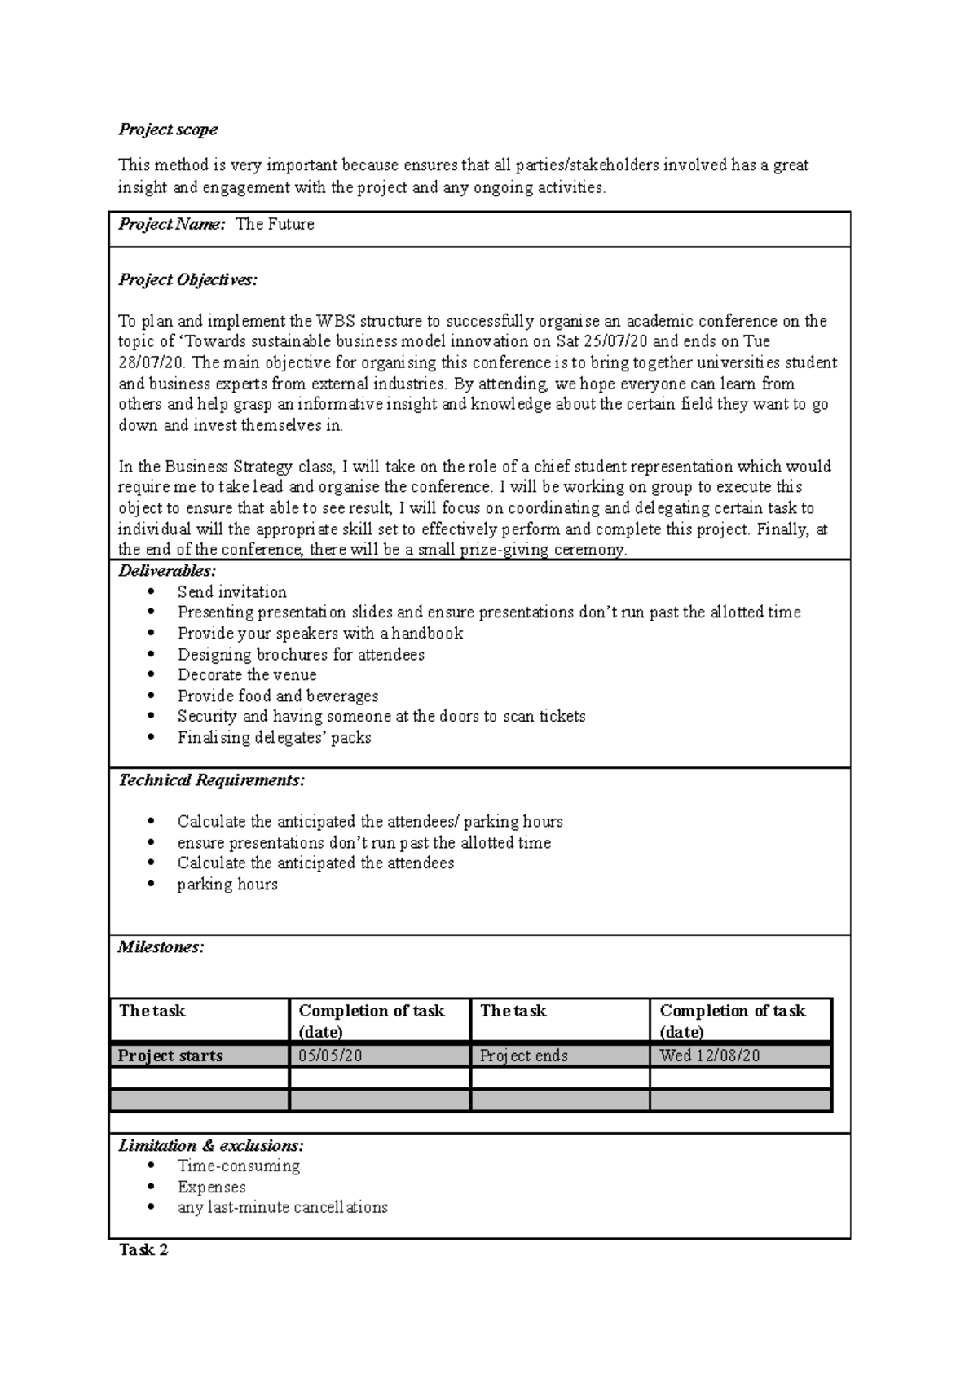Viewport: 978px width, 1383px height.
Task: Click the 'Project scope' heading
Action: click(x=168, y=130)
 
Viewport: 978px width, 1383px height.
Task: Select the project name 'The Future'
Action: click(x=275, y=225)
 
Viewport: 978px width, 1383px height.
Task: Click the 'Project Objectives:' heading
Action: click(x=187, y=280)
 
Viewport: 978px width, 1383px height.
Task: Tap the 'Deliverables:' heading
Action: click(x=167, y=570)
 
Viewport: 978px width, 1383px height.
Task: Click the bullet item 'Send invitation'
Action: click(x=232, y=592)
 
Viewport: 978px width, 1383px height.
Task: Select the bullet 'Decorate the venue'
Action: click(x=247, y=675)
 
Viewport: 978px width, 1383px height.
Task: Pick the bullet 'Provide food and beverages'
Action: click(x=278, y=696)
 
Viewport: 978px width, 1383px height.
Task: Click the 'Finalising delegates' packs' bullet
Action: click(x=275, y=738)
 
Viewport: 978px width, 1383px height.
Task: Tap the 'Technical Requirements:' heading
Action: click(x=212, y=780)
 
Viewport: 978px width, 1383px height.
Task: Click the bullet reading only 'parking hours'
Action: click(x=227, y=885)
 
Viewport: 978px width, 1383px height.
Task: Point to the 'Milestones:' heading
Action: click(x=161, y=947)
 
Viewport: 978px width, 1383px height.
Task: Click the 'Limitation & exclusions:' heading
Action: click(x=211, y=1146)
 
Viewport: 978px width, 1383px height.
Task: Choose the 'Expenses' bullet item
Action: click(x=212, y=1188)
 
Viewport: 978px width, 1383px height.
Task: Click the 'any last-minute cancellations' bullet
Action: click(x=283, y=1208)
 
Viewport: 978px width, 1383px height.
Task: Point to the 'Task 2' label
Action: click(x=143, y=1250)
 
